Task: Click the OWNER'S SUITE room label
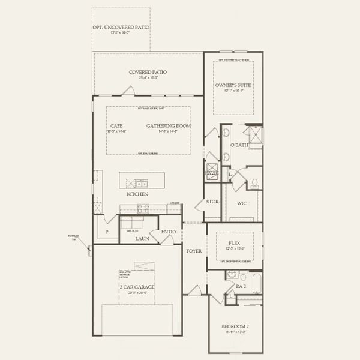[x=233, y=86]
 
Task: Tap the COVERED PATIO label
[x=148, y=72]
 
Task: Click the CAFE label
[x=116, y=126]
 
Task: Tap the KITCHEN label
[x=137, y=194]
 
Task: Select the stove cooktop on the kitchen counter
[x=145, y=209]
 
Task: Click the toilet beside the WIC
[x=254, y=182]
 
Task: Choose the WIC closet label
[x=242, y=203]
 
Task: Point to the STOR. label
[x=212, y=202]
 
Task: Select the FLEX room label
[x=234, y=243]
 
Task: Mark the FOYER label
[x=193, y=251]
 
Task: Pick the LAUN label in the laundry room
[x=142, y=238]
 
